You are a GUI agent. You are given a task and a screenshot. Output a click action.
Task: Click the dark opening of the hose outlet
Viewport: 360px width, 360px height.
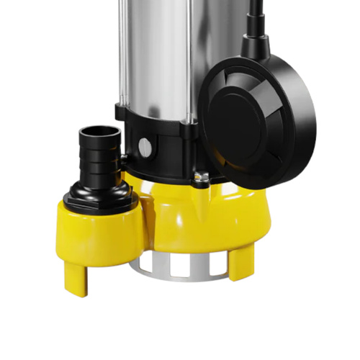99,132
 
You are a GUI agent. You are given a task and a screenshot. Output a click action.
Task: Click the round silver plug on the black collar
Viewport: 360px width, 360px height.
145,148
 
